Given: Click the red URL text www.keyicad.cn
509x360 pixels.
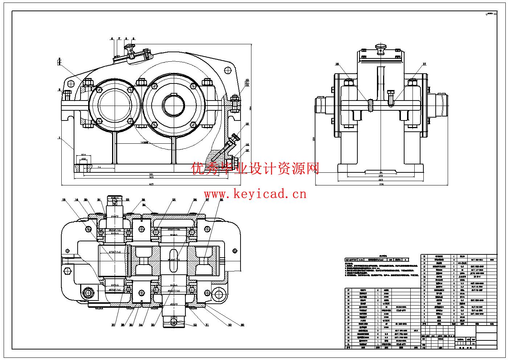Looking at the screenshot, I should coord(255,194).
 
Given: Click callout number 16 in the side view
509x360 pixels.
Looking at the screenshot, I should coord(337,64).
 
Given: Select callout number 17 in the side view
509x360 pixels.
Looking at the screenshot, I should coord(424,64).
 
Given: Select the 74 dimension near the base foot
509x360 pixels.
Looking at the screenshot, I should coord(99,168).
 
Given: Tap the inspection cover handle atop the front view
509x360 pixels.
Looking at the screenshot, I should coord(130,47).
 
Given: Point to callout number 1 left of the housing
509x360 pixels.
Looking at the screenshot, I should coord(59,138).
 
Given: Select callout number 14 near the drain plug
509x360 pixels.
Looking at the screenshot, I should coord(247,144).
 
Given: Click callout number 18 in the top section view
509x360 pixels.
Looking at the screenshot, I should coord(64,200).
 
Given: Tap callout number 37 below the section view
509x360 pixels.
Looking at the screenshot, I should coord(113,325).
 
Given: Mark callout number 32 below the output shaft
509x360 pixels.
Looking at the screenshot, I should coord(195,325).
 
